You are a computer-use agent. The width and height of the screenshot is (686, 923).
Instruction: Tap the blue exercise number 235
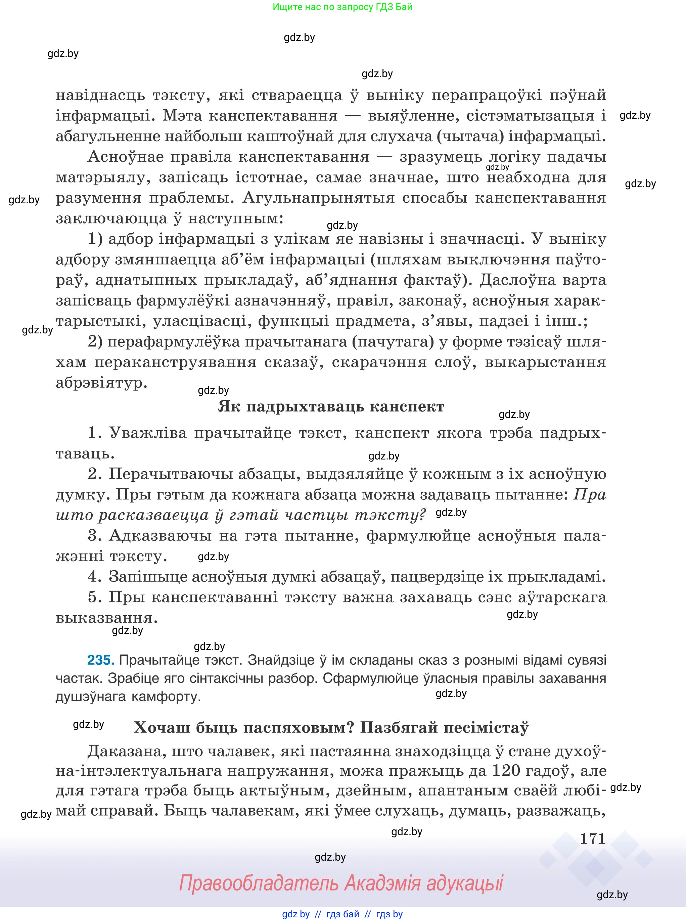100,660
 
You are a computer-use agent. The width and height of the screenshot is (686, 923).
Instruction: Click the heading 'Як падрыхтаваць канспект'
331,406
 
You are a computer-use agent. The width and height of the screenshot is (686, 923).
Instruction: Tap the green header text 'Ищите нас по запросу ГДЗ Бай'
342,7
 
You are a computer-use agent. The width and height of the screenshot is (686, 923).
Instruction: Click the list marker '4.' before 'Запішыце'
95,577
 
